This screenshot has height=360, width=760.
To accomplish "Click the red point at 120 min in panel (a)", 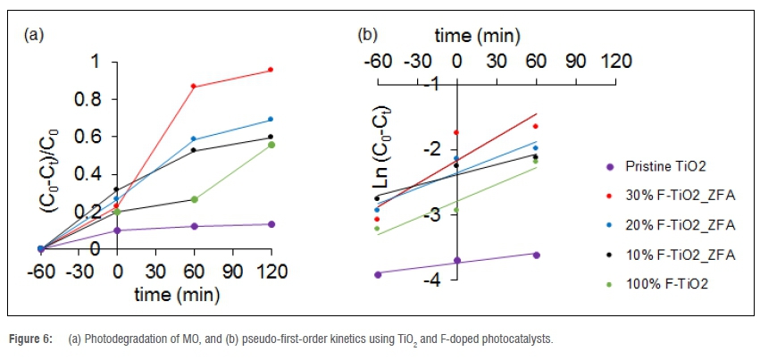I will [271, 70].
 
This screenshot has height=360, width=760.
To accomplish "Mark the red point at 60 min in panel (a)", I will [194, 87].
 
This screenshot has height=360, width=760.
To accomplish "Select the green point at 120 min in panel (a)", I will [271, 145].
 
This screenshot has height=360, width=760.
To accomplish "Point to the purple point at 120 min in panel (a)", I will [271, 224].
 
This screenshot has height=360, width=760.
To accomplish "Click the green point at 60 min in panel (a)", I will [194, 199].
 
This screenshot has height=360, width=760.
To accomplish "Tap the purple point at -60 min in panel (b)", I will [378, 274].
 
